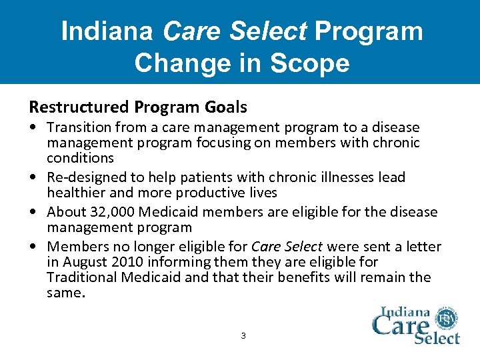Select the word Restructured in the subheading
coord(80,107)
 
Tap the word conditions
coord(80,158)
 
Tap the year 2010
coord(133,262)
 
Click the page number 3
coord(243,336)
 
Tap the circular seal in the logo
coord(447,319)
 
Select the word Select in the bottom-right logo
coord(437,337)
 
